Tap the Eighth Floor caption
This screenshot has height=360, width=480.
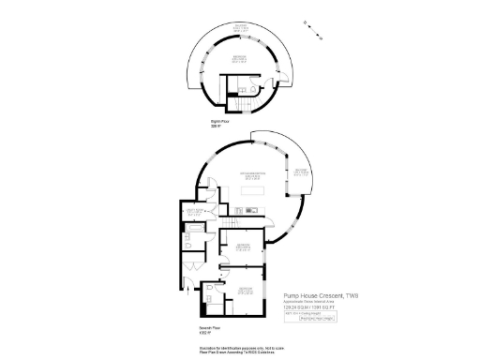point(218,122)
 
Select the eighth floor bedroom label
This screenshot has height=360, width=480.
point(241,58)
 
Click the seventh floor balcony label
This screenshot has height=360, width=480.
point(300,172)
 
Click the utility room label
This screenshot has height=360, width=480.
point(196,213)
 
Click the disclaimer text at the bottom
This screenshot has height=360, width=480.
point(239,350)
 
